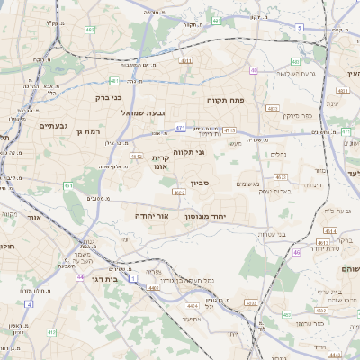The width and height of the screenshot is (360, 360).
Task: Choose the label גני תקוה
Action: click(x=187, y=152)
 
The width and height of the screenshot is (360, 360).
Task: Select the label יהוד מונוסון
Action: click(x=205, y=217)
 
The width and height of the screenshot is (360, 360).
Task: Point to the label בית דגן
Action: click(x=106, y=280)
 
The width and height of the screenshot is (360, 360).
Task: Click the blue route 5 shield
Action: click(x=299, y=28)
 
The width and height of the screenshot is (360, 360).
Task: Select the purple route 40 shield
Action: click(x=255, y=70)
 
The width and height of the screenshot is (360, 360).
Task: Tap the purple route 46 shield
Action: click(x=296, y=252)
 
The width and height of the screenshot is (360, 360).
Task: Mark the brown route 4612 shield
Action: click(x=137, y=157)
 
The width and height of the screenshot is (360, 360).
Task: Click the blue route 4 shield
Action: click(x=28, y=304)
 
